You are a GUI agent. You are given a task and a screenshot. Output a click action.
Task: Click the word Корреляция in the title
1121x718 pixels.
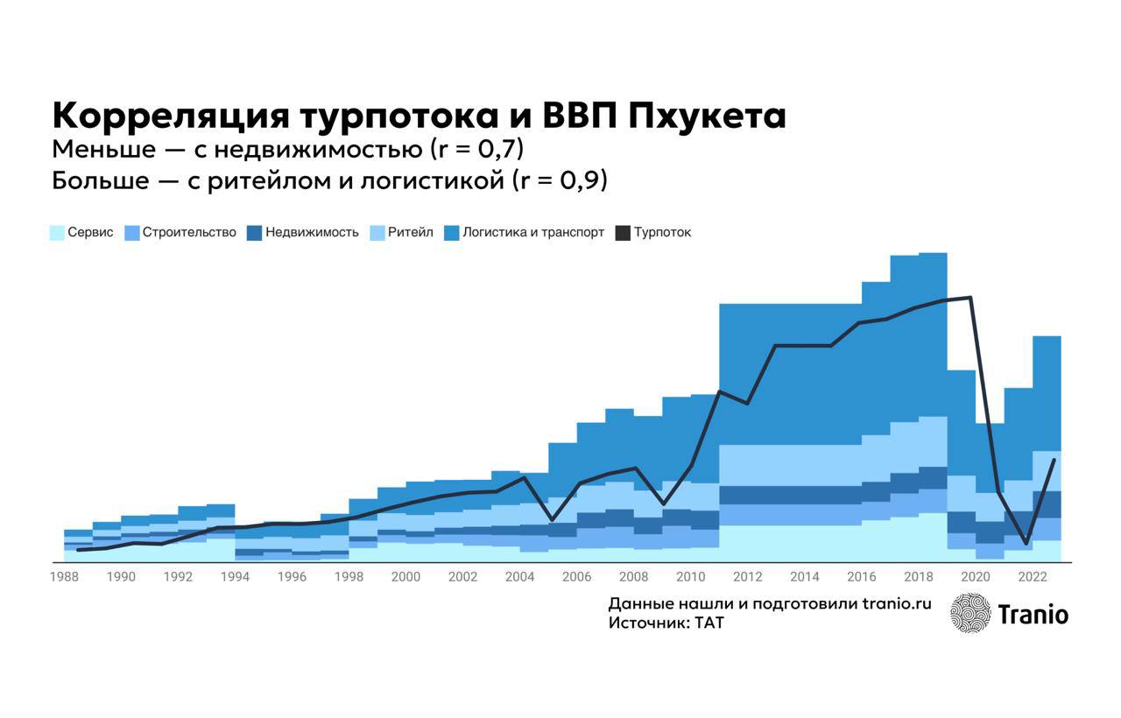[169, 116]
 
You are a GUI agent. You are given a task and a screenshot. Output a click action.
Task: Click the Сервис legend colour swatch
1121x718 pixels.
[57, 233]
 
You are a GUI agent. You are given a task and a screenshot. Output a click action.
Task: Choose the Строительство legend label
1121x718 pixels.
[189, 233]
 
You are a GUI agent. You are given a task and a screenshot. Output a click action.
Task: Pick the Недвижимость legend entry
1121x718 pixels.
[312, 233]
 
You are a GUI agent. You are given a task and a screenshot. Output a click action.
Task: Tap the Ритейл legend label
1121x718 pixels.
[410, 233]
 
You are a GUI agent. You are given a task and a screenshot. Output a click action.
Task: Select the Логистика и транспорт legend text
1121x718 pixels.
[533, 233]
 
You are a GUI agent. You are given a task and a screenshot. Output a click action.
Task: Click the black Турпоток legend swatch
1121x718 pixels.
[623, 233]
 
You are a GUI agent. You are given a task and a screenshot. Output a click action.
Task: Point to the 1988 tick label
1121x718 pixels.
[64, 577]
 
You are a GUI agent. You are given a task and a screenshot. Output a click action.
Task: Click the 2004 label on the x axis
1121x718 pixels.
[520, 577]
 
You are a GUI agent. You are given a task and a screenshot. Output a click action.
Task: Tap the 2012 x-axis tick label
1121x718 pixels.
[748, 577]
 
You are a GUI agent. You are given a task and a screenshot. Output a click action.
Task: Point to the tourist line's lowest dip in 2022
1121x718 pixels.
[1026, 543]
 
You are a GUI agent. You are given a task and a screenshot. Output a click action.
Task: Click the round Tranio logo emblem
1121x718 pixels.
[970, 613]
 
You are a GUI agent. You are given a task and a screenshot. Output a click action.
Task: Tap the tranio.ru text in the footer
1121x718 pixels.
[897, 604]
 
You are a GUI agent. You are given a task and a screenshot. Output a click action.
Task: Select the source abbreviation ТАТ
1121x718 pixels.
[709, 623]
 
